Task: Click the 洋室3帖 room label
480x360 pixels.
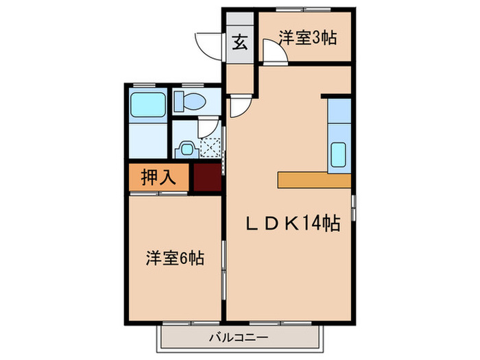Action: [x=307, y=38]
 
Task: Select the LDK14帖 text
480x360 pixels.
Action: [x=293, y=223]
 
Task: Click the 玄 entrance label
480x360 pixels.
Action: [x=240, y=44]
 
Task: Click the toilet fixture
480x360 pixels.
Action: [x=189, y=102]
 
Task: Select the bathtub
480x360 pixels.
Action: [x=147, y=104]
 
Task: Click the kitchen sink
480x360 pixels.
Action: [x=339, y=154]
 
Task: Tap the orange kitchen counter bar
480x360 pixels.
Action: [x=314, y=180]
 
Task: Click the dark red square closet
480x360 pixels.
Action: [x=207, y=178]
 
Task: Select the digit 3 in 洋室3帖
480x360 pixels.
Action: [x=317, y=38]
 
